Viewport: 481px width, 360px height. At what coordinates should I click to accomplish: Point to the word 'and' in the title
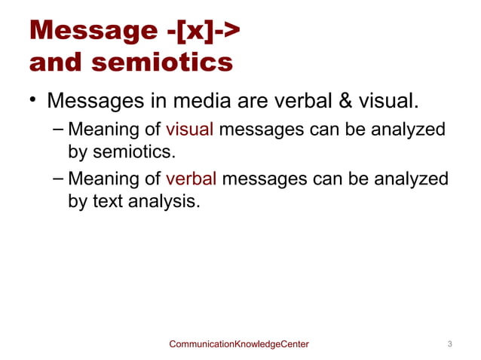click(x=55, y=63)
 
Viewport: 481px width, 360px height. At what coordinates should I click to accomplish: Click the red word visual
click(x=190, y=130)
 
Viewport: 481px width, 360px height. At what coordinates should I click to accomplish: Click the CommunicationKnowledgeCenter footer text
click(x=239, y=344)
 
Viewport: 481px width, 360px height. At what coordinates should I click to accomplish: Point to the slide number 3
click(x=449, y=344)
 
